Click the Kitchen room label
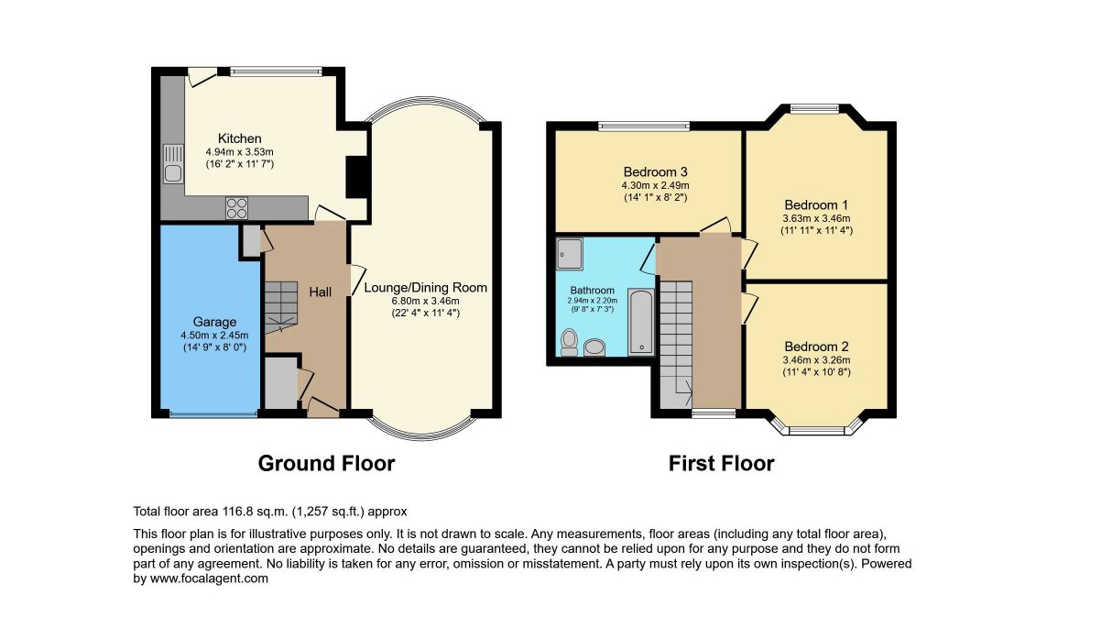239,138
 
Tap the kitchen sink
173,164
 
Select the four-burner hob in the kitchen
236,207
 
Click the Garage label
214,322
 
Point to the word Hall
320,292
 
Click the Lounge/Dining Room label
425,288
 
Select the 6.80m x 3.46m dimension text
425,301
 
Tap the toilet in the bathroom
569,342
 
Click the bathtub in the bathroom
641,322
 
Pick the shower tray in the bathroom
570,254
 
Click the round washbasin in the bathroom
594,347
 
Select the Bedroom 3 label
655,172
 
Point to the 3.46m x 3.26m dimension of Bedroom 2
816,360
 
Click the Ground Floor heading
326,463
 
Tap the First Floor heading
721,463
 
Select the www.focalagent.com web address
209,578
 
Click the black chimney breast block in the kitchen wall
357,177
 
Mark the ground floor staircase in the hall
281,308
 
